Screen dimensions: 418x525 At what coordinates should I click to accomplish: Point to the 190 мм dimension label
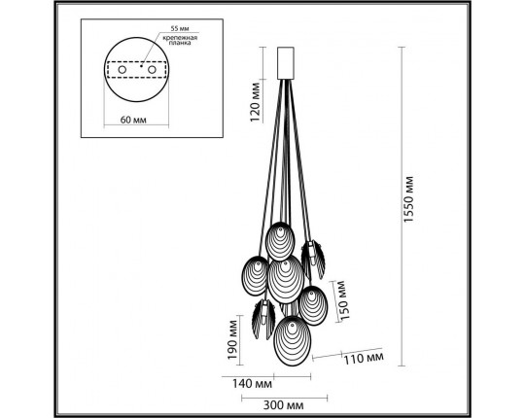(231, 336)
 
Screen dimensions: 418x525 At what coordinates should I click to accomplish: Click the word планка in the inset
(182, 47)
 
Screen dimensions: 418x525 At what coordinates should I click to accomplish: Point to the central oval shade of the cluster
(285, 277)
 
